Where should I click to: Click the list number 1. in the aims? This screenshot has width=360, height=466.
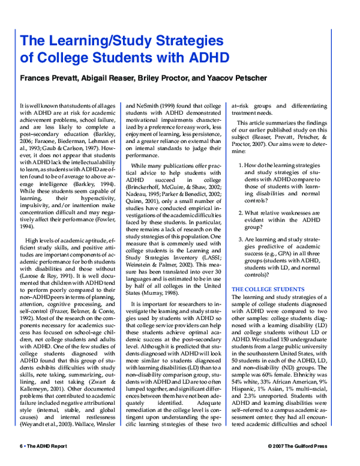pyautogui.click(x=241, y=164)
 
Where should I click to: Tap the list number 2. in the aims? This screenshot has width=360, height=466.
pyautogui.click(x=241, y=211)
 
